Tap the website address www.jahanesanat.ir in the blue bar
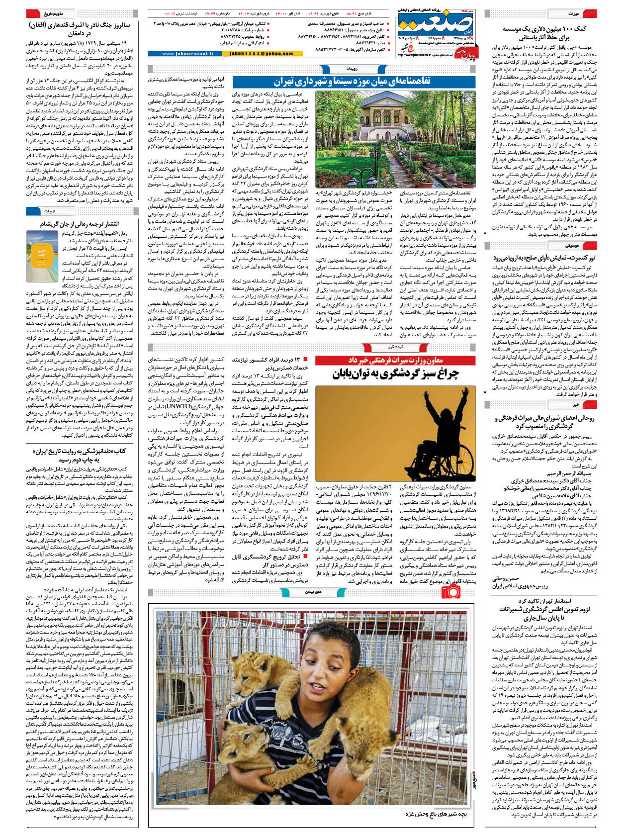[x=187, y=54]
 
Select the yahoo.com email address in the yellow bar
[x=261, y=54]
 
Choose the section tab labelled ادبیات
[x=50, y=211]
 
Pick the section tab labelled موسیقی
[x=572, y=246]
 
